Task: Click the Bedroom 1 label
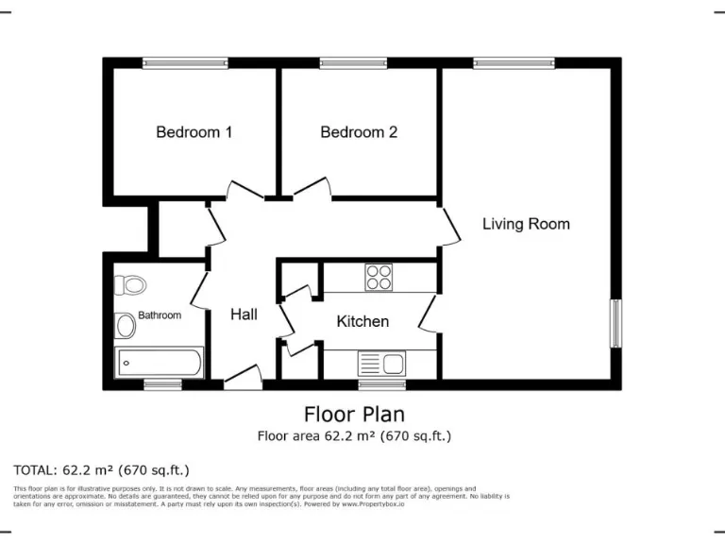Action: (194, 132)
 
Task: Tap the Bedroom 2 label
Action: (359, 132)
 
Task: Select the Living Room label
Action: (526, 224)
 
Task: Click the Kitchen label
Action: (362, 321)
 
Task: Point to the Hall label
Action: (244, 314)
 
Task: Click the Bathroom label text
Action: (160, 315)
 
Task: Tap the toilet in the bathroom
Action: (130, 283)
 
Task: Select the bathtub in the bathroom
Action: (159, 363)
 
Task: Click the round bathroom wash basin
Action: (126, 327)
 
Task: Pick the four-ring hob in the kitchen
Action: (379, 278)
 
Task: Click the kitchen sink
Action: (380, 363)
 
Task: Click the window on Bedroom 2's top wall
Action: (353, 63)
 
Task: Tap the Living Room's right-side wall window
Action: (615, 323)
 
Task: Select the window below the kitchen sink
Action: (381, 384)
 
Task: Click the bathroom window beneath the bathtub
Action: (162, 384)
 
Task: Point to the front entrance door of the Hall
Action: (244, 378)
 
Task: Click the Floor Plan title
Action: (354, 414)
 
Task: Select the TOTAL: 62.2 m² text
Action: (102, 469)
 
